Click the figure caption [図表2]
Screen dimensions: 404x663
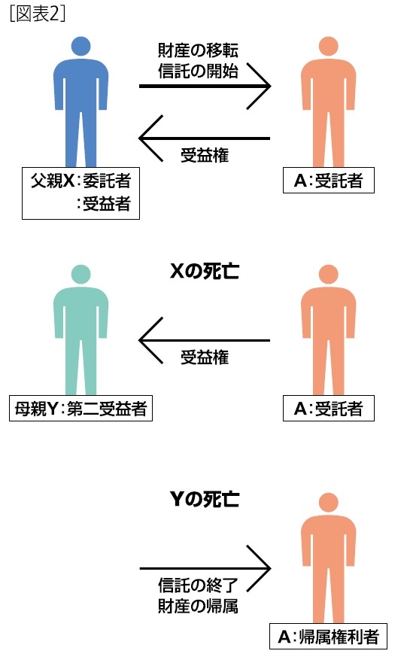pos(37,14)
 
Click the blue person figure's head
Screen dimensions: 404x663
pos(80,46)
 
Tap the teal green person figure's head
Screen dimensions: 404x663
pos(80,275)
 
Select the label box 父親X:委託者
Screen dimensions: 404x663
pos(80,193)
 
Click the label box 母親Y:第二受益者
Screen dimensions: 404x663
pos(80,409)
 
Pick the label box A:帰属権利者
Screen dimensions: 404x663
pos(328,637)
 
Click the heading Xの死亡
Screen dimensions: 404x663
pos(205,271)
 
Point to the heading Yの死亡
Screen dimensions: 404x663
pos(205,499)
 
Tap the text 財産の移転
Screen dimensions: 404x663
pos(198,50)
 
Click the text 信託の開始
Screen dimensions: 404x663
pos(198,71)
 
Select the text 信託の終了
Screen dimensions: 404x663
pos(198,585)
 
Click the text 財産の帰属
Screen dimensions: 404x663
pos(198,606)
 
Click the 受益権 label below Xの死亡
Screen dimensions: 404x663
pos(205,357)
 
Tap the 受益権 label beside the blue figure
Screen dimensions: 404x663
pos(205,155)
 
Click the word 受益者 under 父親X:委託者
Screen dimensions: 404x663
pos(106,204)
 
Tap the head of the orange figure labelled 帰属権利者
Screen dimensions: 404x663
pos(328,503)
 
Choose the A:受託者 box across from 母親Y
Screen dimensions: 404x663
pos(328,409)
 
